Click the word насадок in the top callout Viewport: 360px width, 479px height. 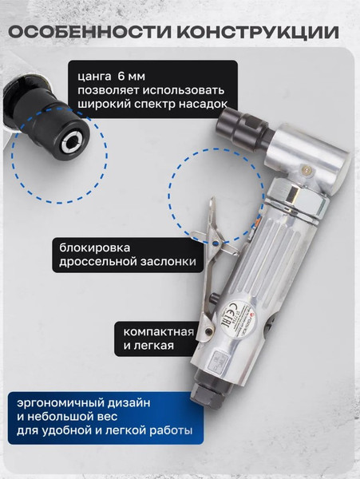coord(202,104)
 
